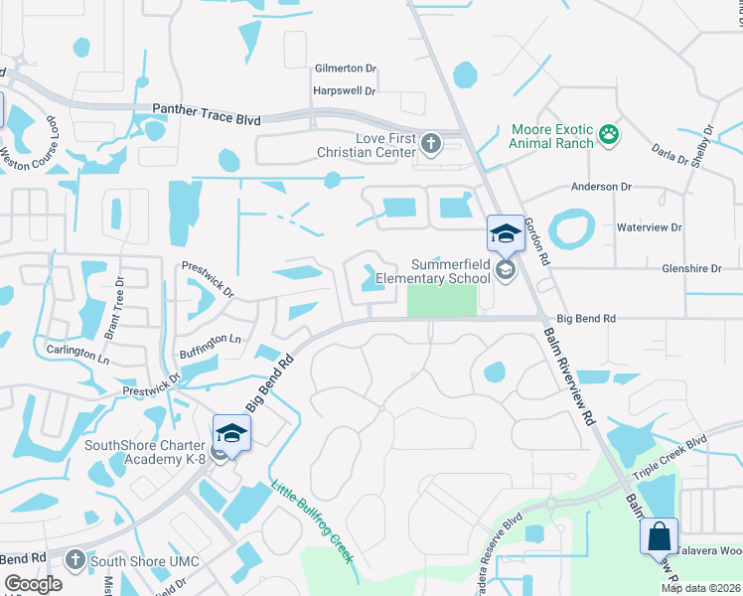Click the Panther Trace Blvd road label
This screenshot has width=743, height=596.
tap(207, 115)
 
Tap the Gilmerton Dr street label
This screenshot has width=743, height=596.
tap(346, 69)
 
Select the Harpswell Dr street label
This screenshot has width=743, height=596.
tap(344, 90)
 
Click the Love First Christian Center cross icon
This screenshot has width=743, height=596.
tap(431, 144)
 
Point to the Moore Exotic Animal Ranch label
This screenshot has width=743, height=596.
tap(551, 136)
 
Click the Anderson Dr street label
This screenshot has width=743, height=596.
tap(602, 186)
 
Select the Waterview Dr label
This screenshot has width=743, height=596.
tap(649, 227)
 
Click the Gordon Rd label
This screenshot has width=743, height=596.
tap(537, 241)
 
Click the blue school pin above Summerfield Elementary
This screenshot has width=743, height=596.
tap(505, 234)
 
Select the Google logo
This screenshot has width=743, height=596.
tap(34, 584)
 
